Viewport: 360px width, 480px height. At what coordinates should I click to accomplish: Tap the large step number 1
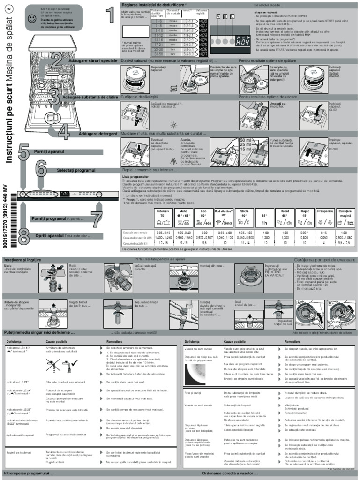109,14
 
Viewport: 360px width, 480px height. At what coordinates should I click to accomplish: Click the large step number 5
23,153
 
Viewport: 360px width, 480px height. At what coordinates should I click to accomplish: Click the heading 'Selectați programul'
76,170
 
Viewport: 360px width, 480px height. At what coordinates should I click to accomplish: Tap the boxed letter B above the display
225,16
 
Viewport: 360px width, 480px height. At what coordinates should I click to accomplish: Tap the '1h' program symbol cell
264,223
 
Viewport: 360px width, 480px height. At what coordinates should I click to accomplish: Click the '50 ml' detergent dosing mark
246,141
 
